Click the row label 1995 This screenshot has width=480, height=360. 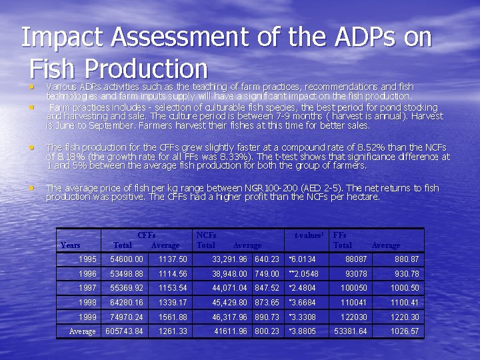pyautogui.click(x=87, y=259)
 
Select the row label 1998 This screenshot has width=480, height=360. pyautogui.click(x=87, y=302)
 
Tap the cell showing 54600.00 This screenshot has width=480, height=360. pyautogui.click(x=127, y=259)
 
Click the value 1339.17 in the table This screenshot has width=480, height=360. pyautogui.click(x=173, y=302)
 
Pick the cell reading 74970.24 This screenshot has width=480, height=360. pyautogui.click(x=127, y=317)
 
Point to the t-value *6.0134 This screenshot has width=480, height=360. pyautogui.click(x=302, y=259)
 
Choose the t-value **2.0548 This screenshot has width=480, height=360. pyautogui.click(x=303, y=273)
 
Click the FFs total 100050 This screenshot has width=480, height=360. pyautogui.click(x=354, y=288)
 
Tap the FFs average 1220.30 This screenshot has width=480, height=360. pyautogui.click(x=405, y=317)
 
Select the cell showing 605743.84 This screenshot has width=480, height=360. pyautogui.click(x=125, y=331)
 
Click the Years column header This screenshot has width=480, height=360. pyautogui.click(x=71, y=245)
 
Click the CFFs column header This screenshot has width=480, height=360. pyautogui.click(x=146, y=235)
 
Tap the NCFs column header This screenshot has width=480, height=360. pyautogui.click(x=207, y=235)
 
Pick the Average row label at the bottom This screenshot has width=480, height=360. pyautogui.click(x=82, y=331)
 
